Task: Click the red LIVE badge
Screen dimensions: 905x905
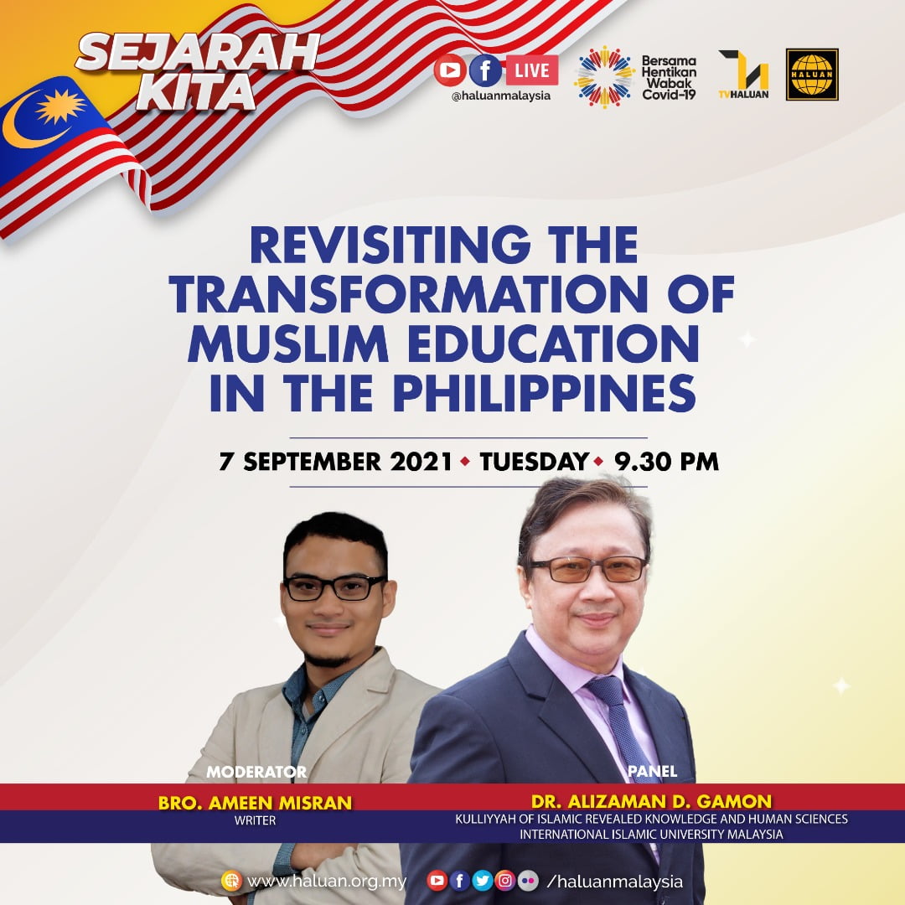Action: point(532,70)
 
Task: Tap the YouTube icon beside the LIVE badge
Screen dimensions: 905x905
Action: point(450,70)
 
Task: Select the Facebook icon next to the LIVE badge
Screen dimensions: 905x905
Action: point(485,70)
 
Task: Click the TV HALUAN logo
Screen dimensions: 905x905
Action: point(743,75)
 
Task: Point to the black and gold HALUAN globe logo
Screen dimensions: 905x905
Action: point(812,75)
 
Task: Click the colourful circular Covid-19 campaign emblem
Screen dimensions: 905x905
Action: point(604,77)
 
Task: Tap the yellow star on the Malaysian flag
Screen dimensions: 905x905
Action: point(60,106)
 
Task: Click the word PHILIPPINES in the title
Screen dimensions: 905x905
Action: point(545,393)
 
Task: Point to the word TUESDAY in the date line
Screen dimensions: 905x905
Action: point(534,462)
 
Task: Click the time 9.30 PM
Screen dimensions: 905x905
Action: point(666,462)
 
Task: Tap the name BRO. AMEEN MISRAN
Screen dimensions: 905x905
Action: point(255,803)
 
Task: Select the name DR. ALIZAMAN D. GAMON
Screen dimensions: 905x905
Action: point(651,801)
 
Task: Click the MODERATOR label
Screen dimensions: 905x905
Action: point(256,772)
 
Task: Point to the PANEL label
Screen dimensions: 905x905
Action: point(652,771)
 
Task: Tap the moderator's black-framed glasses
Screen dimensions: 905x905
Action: point(334,587)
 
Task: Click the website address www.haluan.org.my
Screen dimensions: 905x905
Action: point(327,882)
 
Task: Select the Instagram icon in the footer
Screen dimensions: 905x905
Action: point(505,880)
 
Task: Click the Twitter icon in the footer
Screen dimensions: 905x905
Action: point(483,880)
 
